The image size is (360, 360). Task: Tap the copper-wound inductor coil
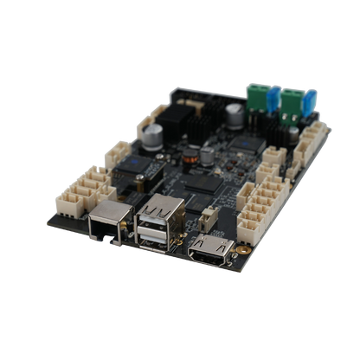(186, 160)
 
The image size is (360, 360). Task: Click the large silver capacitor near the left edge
(153, 134)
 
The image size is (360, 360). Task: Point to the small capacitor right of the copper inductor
(208, 155)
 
